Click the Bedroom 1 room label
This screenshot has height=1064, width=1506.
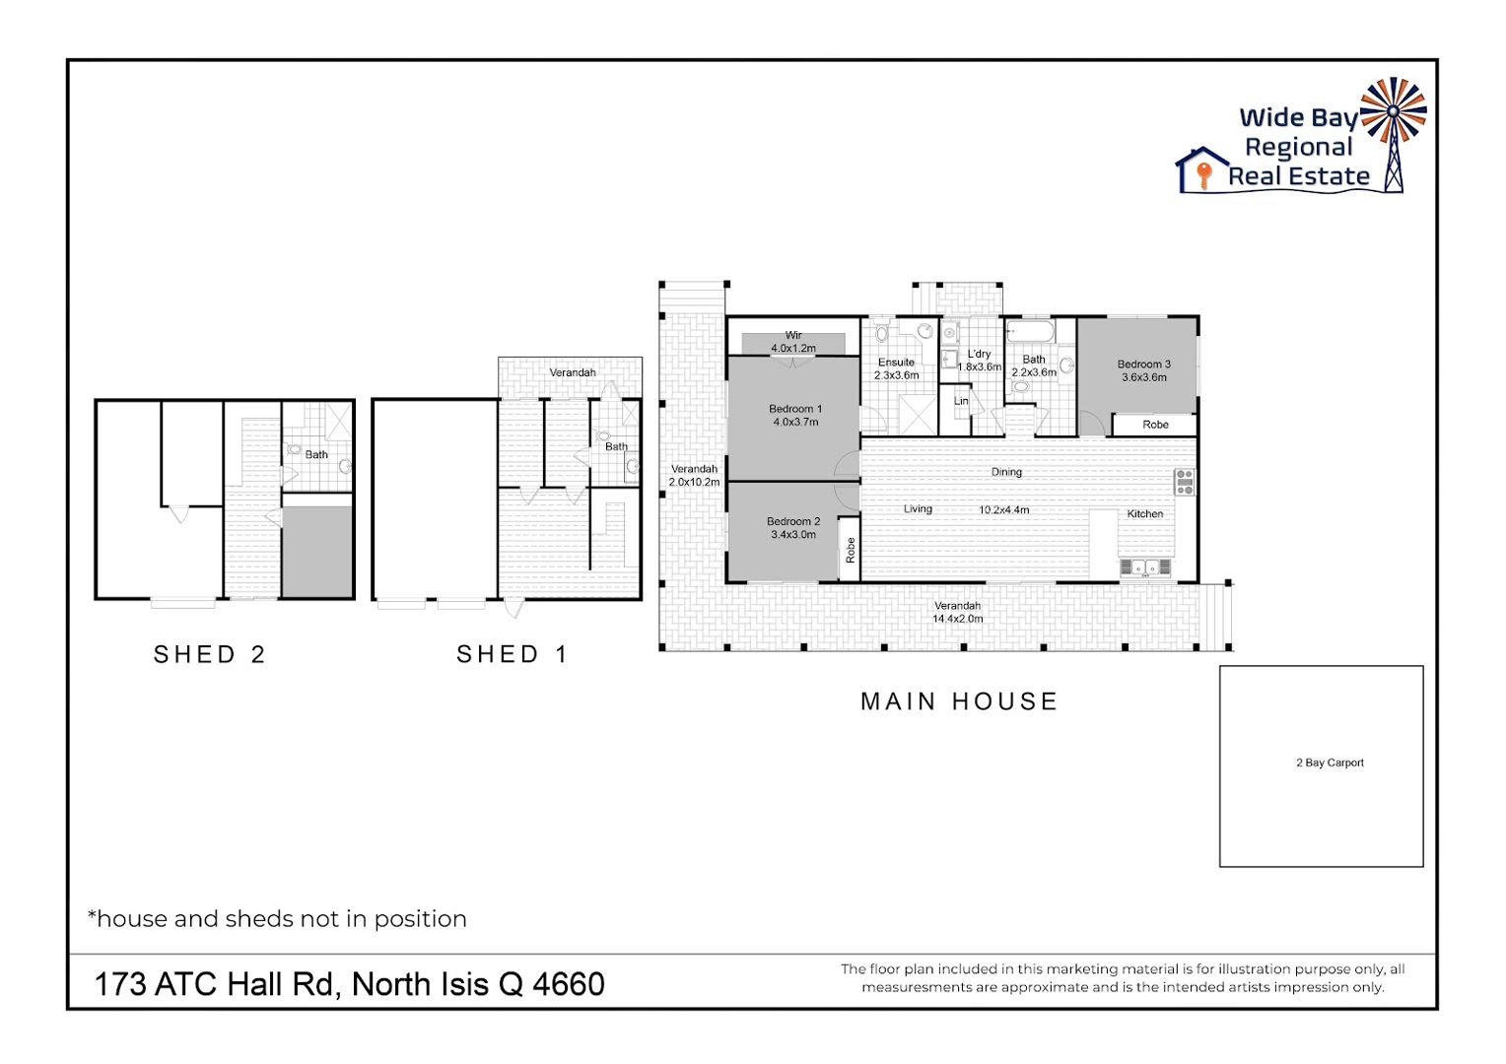795,409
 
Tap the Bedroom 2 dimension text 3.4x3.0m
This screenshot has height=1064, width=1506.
793,535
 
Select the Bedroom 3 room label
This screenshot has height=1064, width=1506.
1143,365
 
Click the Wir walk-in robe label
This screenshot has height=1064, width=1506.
793,335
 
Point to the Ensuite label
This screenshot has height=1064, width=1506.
896,363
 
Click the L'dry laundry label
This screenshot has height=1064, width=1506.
979,355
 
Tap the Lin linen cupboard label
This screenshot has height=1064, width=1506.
961,401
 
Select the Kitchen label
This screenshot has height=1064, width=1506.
1145,514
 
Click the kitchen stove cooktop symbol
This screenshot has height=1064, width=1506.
1185,482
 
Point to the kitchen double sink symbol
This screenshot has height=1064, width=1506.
1145,568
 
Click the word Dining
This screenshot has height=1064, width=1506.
1006,472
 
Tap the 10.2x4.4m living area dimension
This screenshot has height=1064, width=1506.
1003,510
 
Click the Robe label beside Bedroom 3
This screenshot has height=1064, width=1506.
1155,425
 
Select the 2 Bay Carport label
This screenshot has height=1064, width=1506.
1330,763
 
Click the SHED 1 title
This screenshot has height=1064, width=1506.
513,654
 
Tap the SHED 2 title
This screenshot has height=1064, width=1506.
210,654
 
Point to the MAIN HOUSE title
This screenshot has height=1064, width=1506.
959,701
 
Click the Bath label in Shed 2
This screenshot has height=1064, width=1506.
316,455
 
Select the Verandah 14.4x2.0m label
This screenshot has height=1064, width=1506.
957,613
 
